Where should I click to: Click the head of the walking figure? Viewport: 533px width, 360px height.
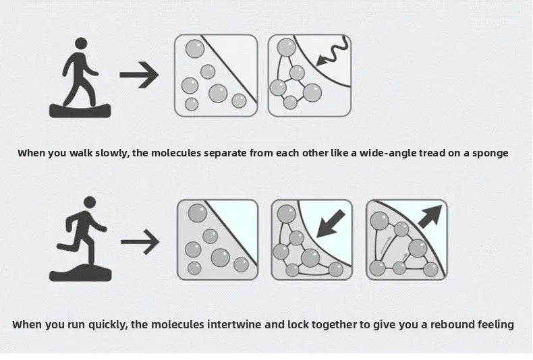coord(81,44)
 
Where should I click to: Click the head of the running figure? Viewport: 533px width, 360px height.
coord(90,202)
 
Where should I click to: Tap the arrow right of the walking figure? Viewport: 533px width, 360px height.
coord(139,75)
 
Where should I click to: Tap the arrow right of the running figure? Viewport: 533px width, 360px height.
coord(140,242)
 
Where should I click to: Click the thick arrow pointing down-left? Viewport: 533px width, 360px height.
coord(331,224)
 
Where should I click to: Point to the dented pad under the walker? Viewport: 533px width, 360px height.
coord(80,111)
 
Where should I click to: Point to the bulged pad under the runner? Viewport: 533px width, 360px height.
coord(80,272)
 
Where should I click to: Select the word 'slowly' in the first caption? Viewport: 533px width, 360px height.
coord(112,153)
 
